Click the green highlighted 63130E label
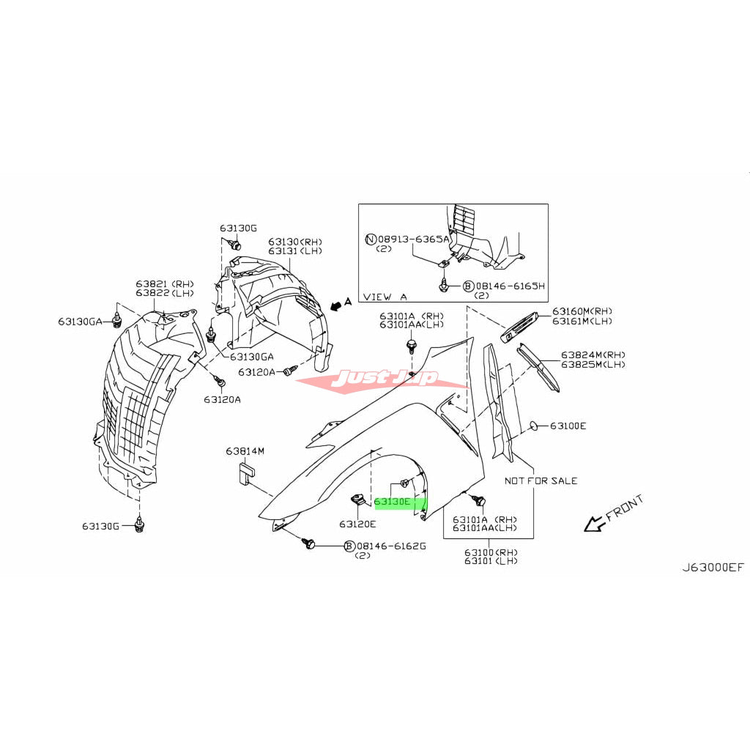tap(399, 503)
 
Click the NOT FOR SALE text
tap(541, 480)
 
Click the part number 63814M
tap(245, 451)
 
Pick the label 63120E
tap(357, 524)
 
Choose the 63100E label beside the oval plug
tap(568, 426)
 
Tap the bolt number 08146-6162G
tap(391, 546)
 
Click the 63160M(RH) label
tap(582, 311)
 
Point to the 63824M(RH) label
tap(593, 354)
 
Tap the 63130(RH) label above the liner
tap(294, 242)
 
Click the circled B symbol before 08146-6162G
tap(349, 546)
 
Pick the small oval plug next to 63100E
tap(535, 425)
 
